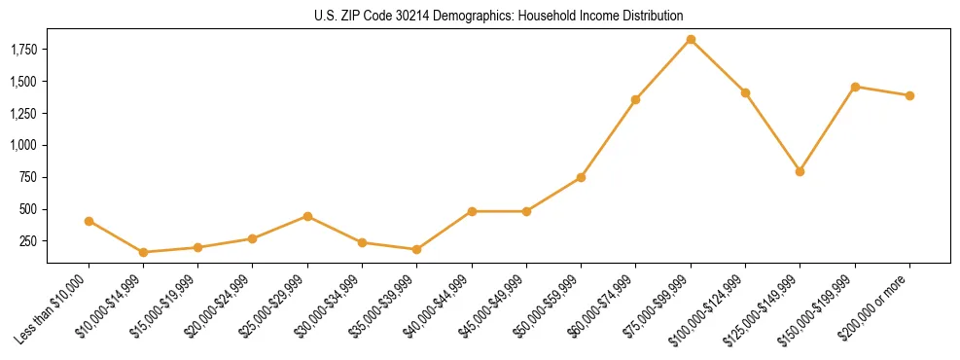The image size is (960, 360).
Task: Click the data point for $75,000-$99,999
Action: (x=691, y=40)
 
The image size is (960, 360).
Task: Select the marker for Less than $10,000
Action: (x=89, y=221)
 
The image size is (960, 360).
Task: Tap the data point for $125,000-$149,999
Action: (x=800, y=171)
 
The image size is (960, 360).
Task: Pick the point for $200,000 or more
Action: (x=909, y=95)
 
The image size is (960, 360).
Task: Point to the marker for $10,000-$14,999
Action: (x=143, y=252)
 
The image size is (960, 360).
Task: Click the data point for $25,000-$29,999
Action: (x=307, y=216)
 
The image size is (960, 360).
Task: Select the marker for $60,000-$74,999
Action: (x=635, y=99)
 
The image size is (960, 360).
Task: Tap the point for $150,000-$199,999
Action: (x=855, y=87)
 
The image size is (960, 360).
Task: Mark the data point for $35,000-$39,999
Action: (x=416, y=249)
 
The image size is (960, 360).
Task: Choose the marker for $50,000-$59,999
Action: (x=581, y=177)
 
